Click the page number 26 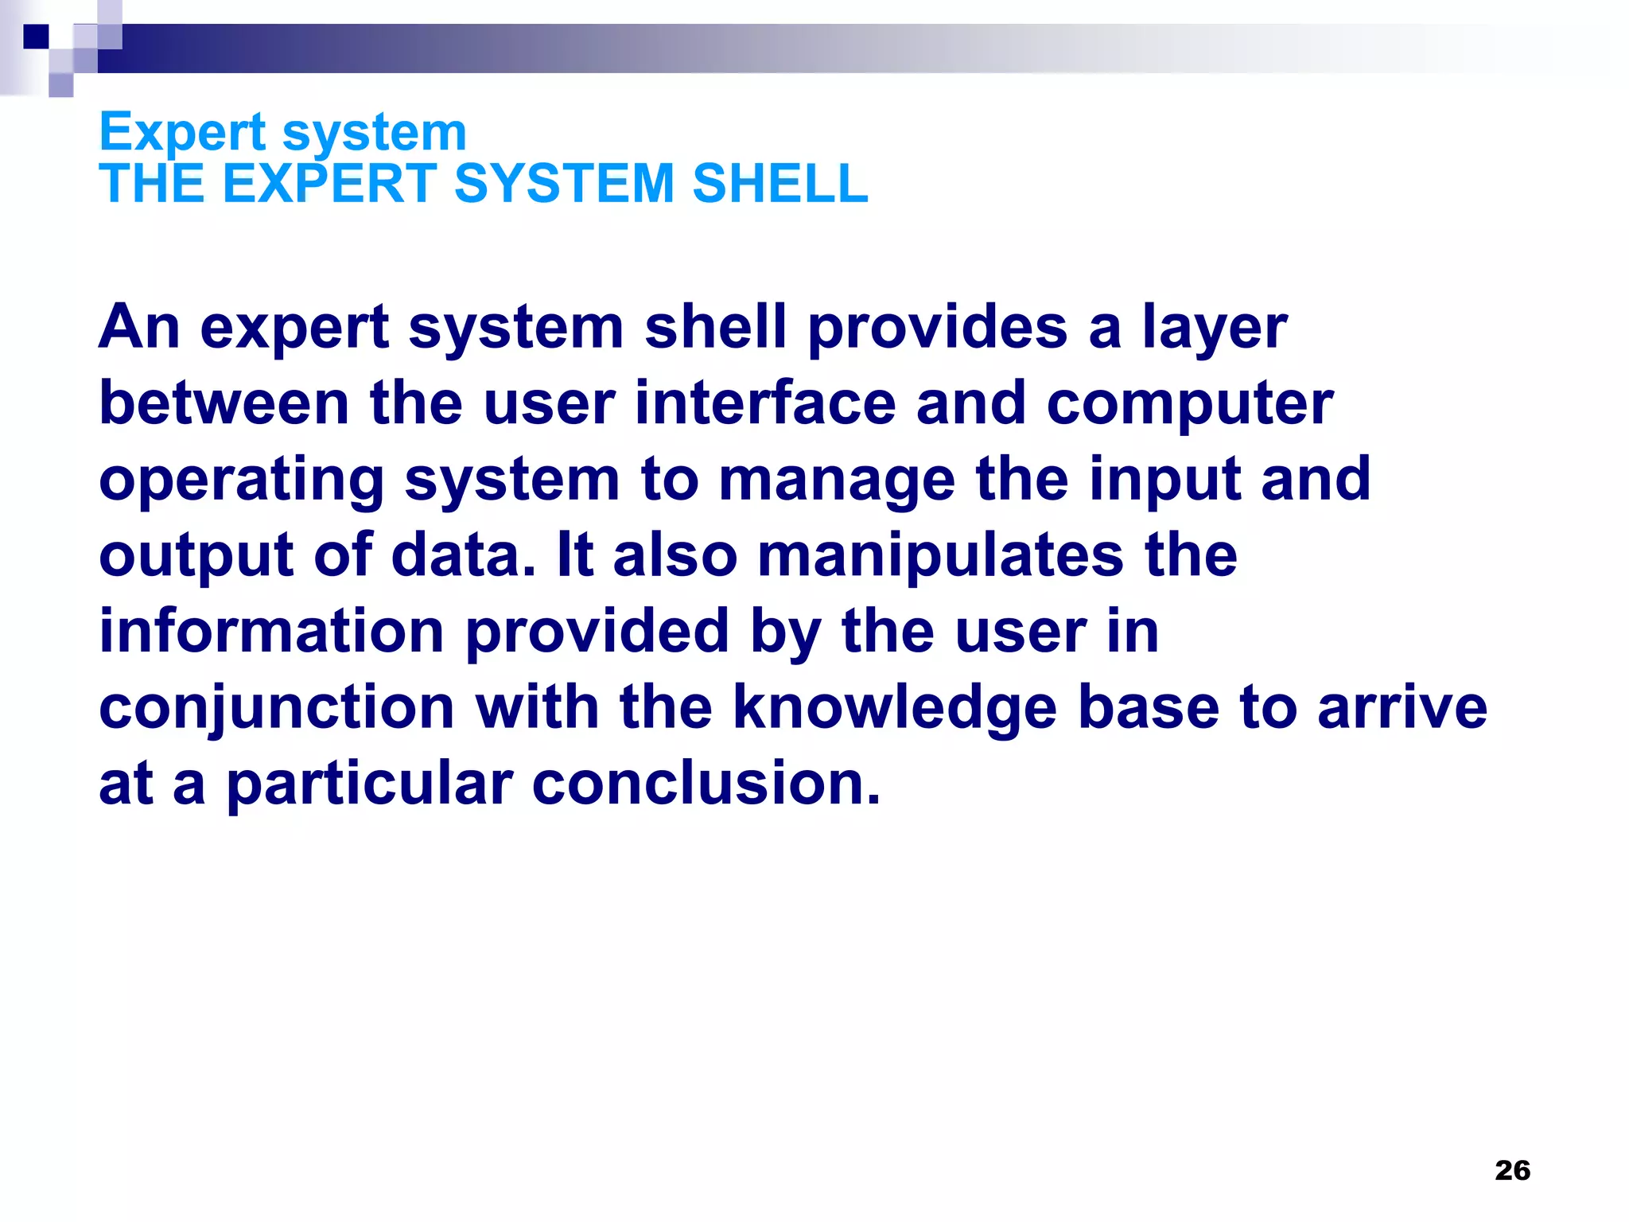pyautogui.click(x=1512, y=1170)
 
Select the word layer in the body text pyautogui.click(x=1215, y=328)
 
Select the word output pyautogui.click(x=196, y=557)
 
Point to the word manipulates pyautogui.click(x=941, y=557)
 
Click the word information pyautogui.click(x=271, y=632)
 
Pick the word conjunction pyautogui.click(x=277, y=708)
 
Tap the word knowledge pyautogui.click(x=895, y=708)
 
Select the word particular pyautogui.click(x=369, y=784)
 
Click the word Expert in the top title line pyautogui.click(x=182, y=133)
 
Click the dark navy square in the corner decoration pyautogui.click(x=36, y=37)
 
